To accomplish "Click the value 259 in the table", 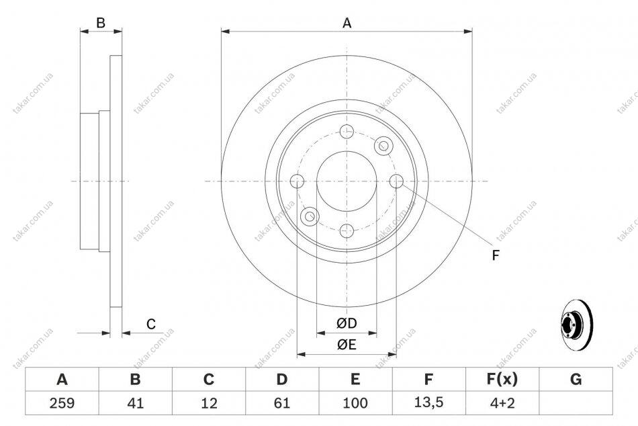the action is coord(62,403).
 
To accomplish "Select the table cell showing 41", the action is coord(136,403).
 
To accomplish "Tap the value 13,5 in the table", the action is coord(428,402).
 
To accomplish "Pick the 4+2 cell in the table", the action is coord(502,403).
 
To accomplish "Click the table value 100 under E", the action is coord(355,403).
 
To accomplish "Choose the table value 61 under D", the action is coord(282,403).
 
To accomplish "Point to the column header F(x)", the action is coord(502,379).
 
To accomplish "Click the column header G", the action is coord(576,379).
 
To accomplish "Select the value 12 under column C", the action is coord(209,403).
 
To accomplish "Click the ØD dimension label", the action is coord(347,323).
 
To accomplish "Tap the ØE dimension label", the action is coord(347,345).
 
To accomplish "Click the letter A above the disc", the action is coord(347,24).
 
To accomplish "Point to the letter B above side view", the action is coord(101,23).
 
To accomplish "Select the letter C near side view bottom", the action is coord(151,324).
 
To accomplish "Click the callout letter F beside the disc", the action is coord(495,255).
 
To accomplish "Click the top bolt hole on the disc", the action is coord(347,131).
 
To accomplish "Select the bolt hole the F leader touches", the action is coord(396,181).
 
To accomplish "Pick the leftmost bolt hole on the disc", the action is coord(298,181).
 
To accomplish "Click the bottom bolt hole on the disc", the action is coord(347,230).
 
